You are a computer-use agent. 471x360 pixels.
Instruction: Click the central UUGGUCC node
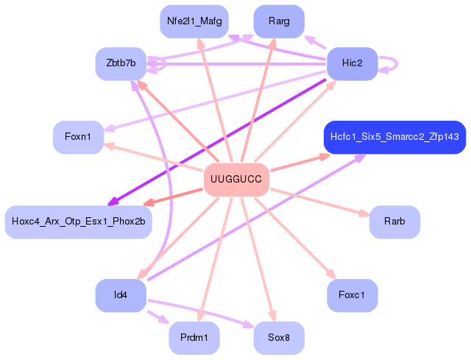pyautogui.click(x=235, y=180)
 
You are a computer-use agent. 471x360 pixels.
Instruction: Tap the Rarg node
pyautogui.click(x=279, y=21)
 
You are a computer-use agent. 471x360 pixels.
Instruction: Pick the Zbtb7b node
pyautogui.click(x=121, y=63)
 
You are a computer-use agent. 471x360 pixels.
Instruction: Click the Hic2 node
pyautogui.click(x=353, y=63)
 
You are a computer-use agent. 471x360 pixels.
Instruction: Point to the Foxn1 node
pyautogui.click(x=78, y=137)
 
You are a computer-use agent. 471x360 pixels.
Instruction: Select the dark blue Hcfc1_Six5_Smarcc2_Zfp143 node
pyautogui.click(x=394, y=137)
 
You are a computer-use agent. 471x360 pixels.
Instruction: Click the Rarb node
pyautogui.click(x=394, y=222)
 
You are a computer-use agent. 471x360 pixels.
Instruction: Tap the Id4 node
pyautogui.click(x=121, y=295)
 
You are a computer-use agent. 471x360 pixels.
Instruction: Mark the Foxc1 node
pyautogui.click(x=353, y=295)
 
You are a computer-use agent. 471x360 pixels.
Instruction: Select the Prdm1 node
pyautogui.click(x=194, y=338)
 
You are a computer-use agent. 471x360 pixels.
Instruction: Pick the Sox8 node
pyautogui.click(x=279, y=338)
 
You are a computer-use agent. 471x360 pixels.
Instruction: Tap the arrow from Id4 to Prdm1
pyautogui.click(x=157, y=317)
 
